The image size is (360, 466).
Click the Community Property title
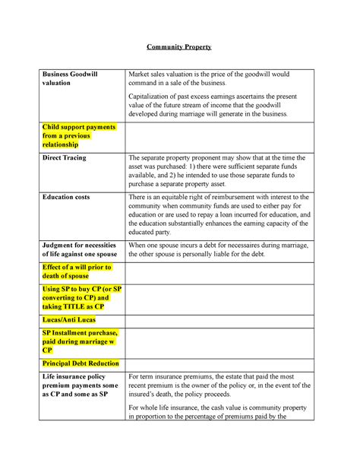pos(179,47)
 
